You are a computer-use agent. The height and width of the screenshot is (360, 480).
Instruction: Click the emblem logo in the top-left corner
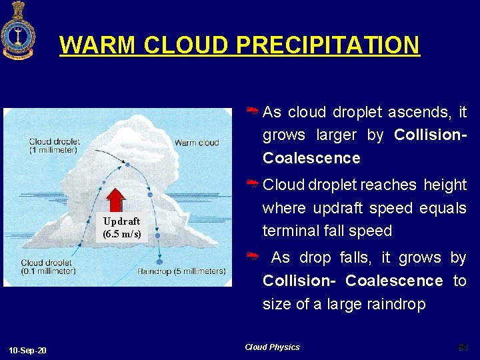point(18,31)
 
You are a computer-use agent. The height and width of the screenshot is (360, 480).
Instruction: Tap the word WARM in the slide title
point(98,45)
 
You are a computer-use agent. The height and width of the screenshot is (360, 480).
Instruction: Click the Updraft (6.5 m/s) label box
point(121,227)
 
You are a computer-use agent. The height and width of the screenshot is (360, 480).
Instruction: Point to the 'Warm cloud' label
point(196,143)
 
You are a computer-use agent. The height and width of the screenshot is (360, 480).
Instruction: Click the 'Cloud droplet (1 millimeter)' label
point(54,145)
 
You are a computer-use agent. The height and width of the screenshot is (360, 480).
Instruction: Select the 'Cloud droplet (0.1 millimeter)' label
point(48,267)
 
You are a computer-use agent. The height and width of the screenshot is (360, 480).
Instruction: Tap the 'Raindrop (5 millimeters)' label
point(181,271)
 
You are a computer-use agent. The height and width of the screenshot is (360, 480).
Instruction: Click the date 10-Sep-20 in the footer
point(28,351)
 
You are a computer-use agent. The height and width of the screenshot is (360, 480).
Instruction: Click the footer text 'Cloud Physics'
point(272,347)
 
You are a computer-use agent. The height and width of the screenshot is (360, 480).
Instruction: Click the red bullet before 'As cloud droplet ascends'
point(253,111)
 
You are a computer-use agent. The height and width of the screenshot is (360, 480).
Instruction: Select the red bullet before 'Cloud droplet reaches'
point(253,184)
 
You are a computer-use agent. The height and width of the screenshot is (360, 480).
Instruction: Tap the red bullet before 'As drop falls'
point(253,257)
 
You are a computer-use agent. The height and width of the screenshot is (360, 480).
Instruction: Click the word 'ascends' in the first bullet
point(422,112)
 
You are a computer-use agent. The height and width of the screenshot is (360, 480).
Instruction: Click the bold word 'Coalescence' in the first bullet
point(311,158)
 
